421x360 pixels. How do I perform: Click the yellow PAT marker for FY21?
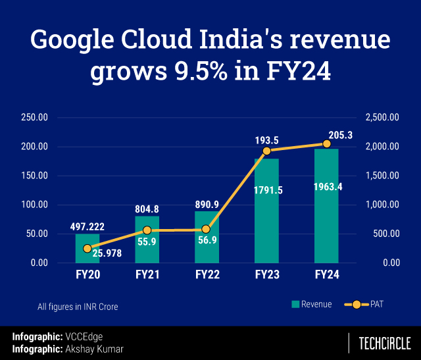147,230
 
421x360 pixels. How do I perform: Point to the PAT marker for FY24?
326,143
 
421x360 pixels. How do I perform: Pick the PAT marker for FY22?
207,229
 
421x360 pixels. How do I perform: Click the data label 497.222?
87,226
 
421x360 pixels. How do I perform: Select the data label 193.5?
267,140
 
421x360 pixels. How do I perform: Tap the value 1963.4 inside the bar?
326,186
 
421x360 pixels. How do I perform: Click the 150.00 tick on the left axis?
34,176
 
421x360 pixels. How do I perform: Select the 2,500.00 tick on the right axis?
382,117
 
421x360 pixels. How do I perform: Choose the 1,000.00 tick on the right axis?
382,205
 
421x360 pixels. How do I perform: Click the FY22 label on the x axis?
207,274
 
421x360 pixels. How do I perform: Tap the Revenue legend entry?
312,304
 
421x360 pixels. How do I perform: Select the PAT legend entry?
364,304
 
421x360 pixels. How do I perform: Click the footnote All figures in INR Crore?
78,306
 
